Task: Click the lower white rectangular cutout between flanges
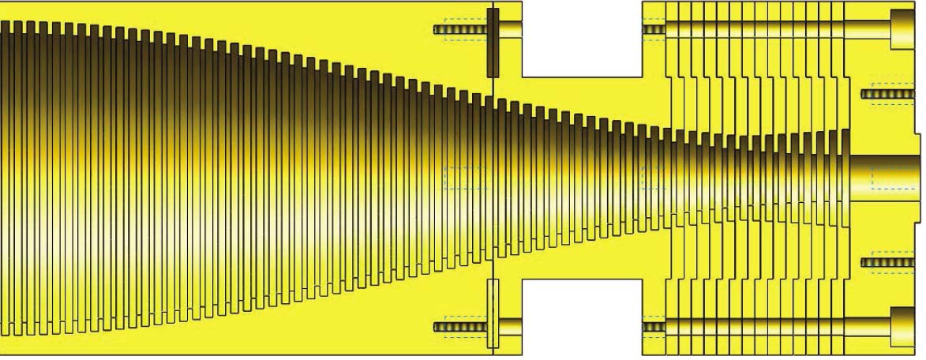tap(583, 317)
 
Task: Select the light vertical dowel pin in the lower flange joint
tap(493, 313)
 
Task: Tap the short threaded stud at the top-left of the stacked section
tap(654, 30)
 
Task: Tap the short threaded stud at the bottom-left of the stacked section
tap(654, 326)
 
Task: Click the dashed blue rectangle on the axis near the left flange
tap(466, 178)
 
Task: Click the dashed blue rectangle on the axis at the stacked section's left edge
tap(654, 178)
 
